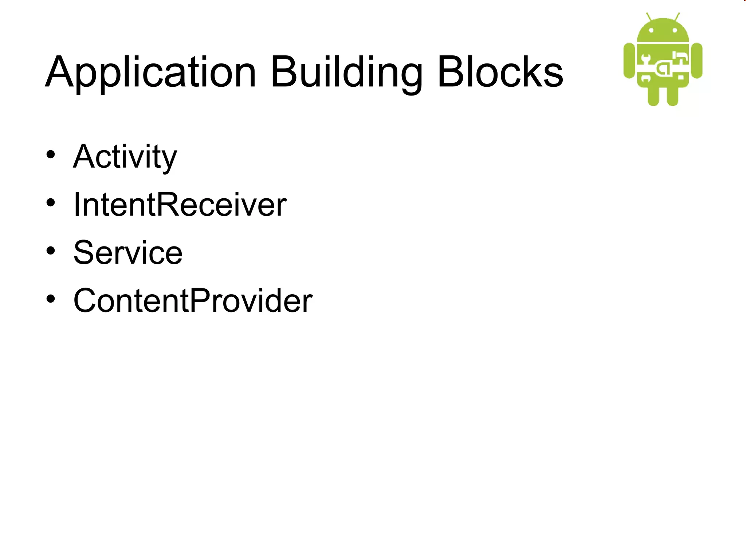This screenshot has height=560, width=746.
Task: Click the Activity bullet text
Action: click(125, 157)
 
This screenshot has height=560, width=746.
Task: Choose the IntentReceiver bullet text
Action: click(180, 205)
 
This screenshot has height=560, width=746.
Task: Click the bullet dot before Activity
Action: click(51, 155)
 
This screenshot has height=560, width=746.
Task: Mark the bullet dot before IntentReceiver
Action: click(51, 203)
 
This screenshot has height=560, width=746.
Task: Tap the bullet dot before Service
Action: click(51, 251)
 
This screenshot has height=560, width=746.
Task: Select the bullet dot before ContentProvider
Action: click(51, 299)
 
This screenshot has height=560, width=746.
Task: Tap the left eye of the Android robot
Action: click(651, 31)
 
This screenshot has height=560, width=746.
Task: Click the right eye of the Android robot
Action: click(675, 31)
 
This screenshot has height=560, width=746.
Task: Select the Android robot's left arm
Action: click(629, 61)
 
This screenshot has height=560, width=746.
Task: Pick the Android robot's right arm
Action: click(697, 61)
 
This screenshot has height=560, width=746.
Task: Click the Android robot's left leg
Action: click(653, 96)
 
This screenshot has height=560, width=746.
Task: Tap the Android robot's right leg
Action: click(672, 96)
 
